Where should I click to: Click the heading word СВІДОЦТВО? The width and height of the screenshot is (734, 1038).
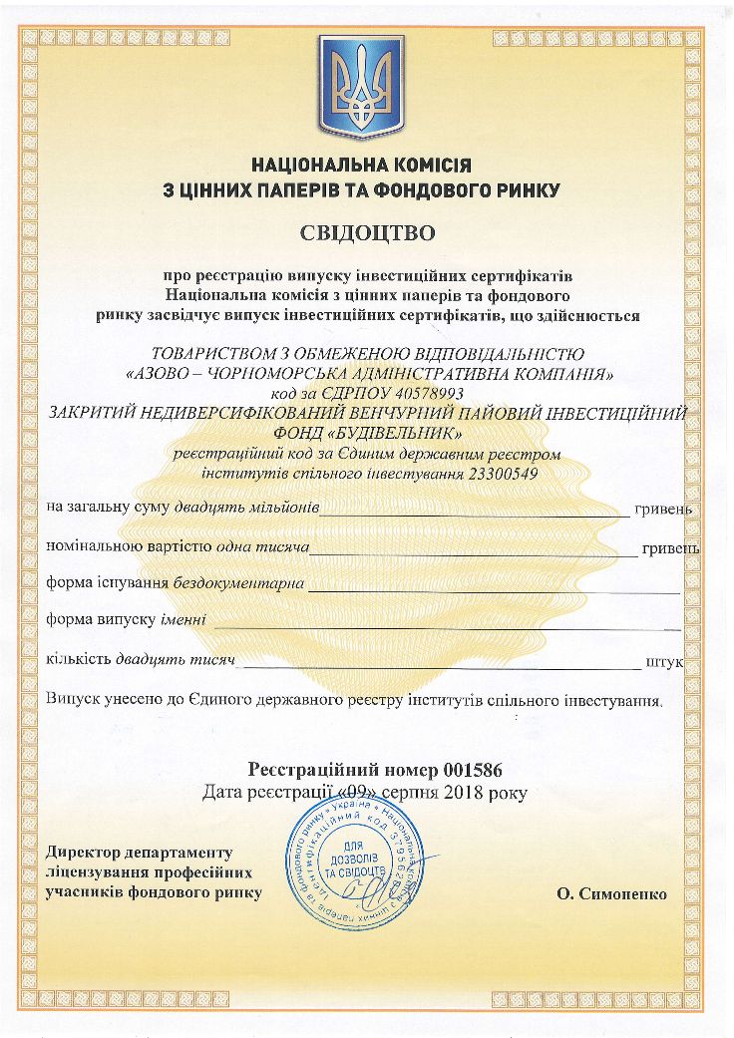[x=368, y=234]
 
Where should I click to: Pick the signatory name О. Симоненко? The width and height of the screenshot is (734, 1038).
[x=612, y=893]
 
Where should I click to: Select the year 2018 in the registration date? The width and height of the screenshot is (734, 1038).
[x=454, y=793]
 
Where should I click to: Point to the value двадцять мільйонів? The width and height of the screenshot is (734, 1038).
[x=246, y=508]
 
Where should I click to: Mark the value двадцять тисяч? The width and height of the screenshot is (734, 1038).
[x=175, y=659]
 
